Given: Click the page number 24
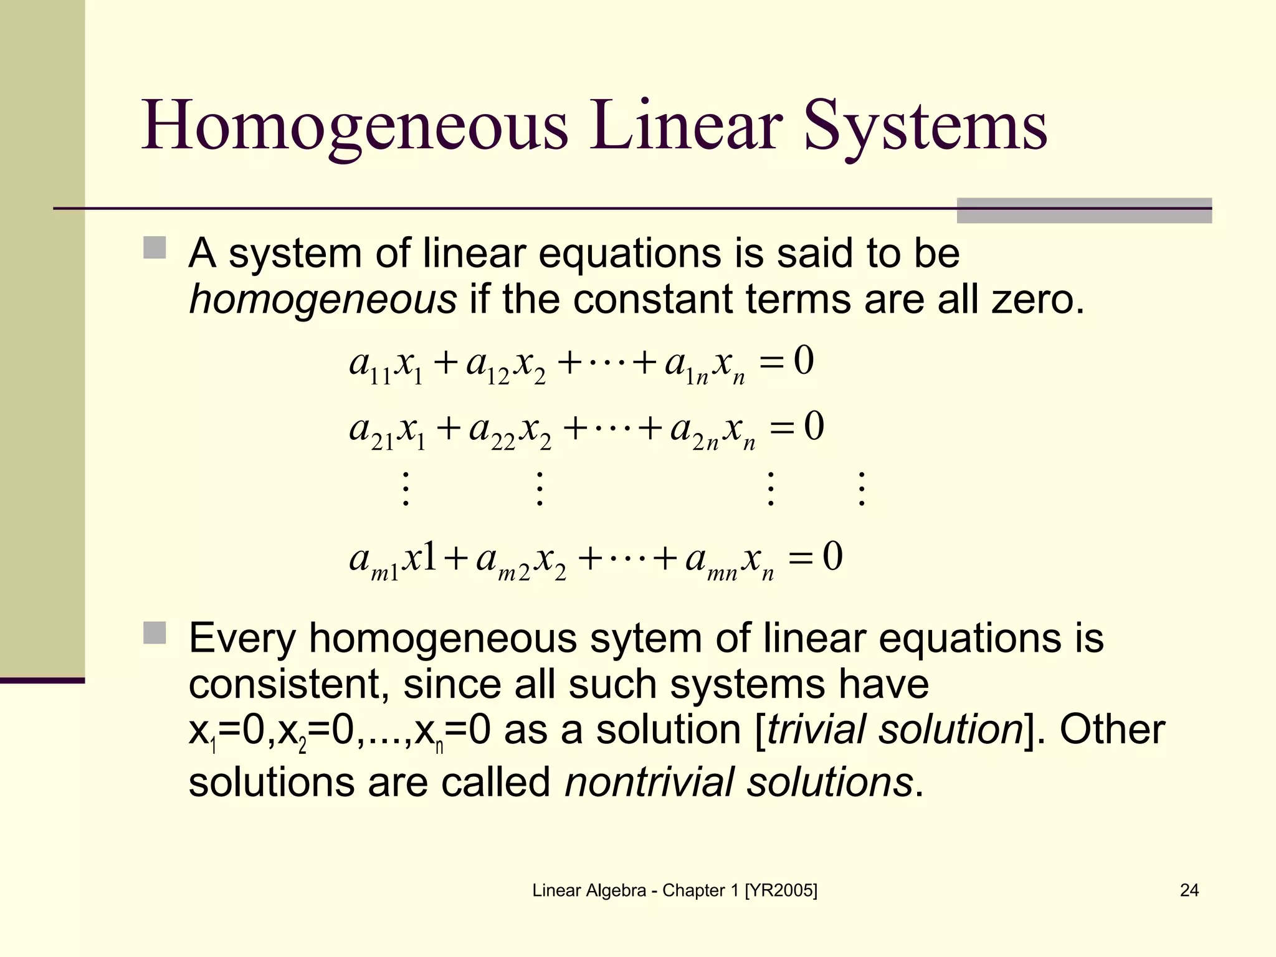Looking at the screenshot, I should (1189, 890).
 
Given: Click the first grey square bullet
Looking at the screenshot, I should (155, 247).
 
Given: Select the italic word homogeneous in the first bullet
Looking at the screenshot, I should (323, 300).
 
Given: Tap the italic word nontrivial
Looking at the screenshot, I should (649, 782).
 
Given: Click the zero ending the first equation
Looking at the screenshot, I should (804, 361).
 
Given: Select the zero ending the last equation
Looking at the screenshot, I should (832, 556).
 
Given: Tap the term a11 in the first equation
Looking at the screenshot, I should (370, 364).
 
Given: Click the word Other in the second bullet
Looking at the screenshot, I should (1112, 730).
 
